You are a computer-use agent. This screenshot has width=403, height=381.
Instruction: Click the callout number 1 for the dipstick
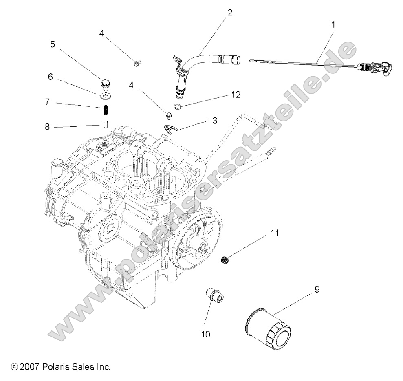[x=333, y=24]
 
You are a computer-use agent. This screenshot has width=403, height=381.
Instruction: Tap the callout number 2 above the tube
[x=230, y=12]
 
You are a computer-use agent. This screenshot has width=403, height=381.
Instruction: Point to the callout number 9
[x=317, y=290]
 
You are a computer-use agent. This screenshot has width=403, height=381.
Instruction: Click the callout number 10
[x=205, y=334]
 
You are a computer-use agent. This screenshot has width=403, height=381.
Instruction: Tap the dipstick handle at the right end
[x=374, y=69]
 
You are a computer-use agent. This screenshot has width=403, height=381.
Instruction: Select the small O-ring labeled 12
[x=178, y=107]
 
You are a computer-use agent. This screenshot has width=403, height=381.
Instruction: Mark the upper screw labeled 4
[x=137, y=63]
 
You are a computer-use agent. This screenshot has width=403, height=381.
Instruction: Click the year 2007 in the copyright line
[x=29, y=367]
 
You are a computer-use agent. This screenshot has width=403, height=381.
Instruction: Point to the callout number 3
[x=214, y=121]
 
